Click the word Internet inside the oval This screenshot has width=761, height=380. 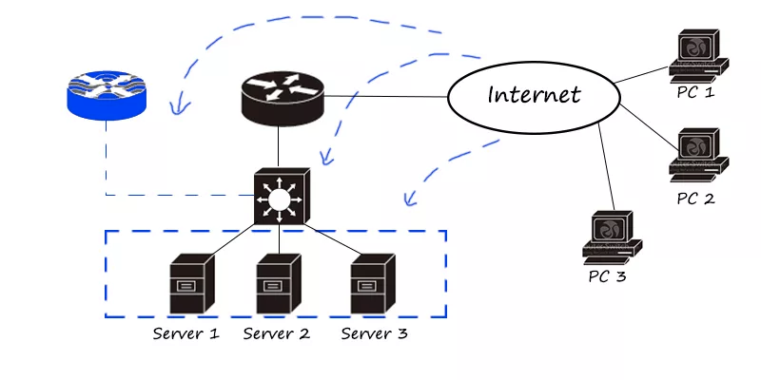533,95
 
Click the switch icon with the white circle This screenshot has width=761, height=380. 278,198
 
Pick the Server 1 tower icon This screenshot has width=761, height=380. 187,282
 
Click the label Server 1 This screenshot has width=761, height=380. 187,333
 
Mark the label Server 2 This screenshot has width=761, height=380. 277,333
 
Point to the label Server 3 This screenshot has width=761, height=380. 375,333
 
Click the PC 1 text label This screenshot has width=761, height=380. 695,93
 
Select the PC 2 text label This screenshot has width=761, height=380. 695,199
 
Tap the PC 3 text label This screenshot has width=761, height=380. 607,277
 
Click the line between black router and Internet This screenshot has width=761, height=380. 385,96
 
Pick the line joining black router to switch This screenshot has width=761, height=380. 278,147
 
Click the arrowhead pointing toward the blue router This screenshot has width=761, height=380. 173,110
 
